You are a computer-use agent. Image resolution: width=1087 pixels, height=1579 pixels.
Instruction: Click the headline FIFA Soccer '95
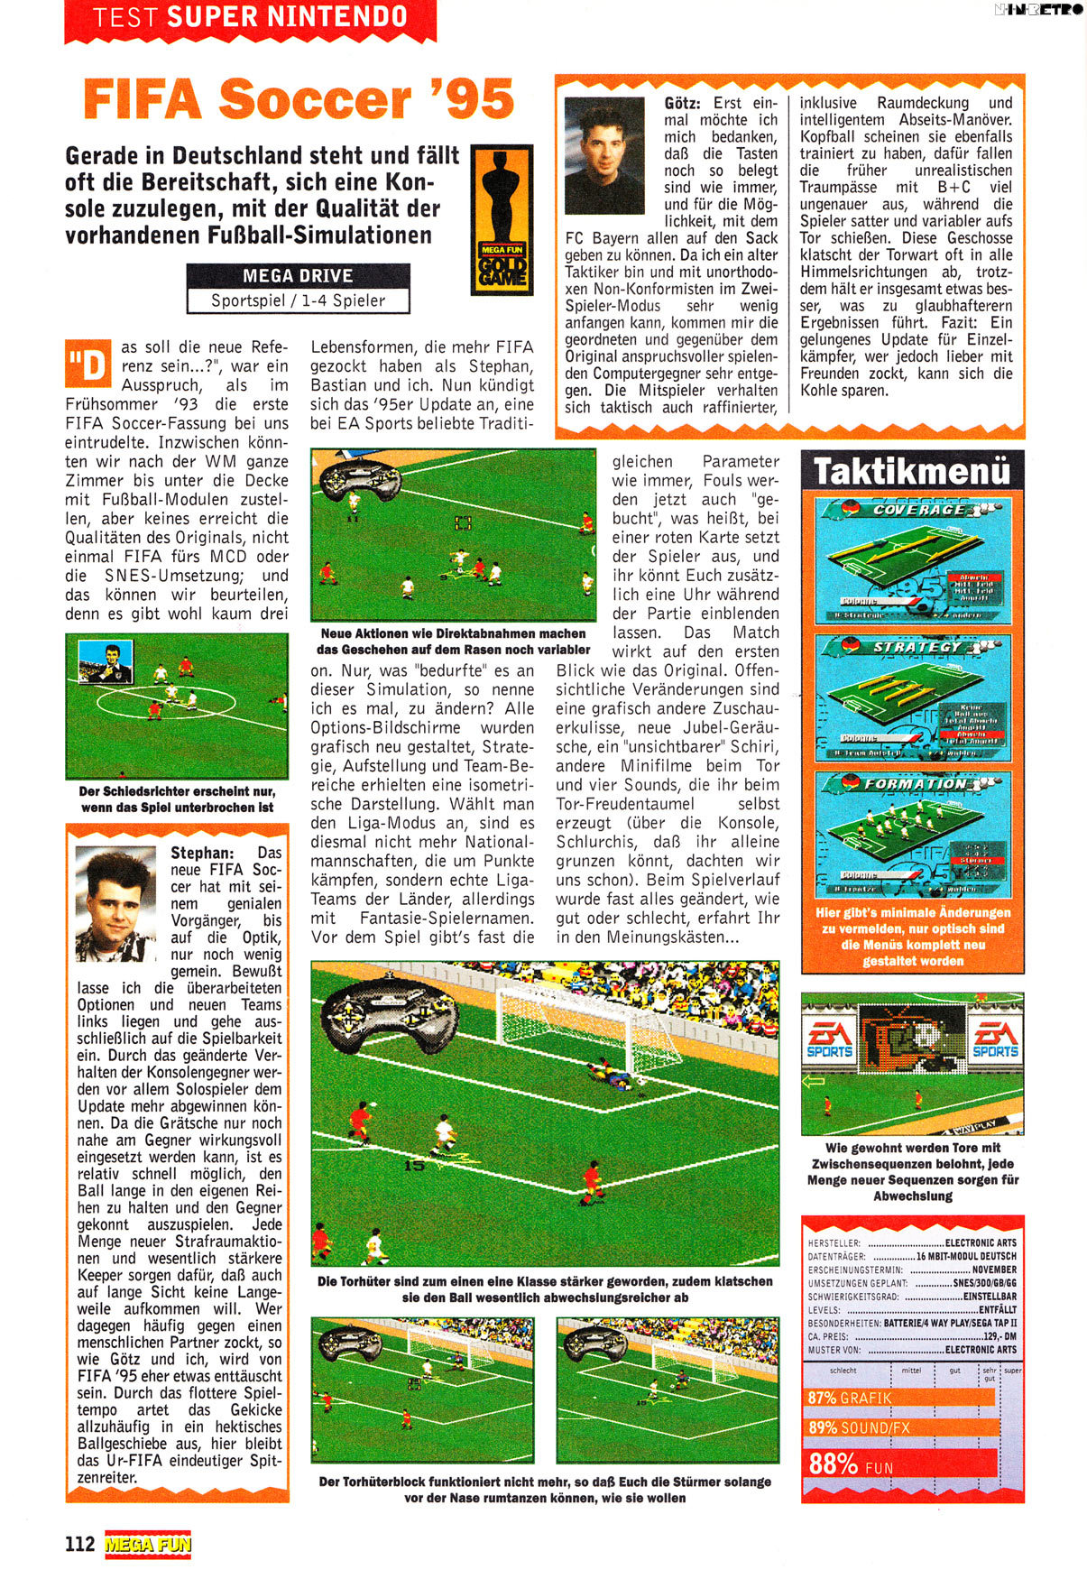pyautogui.click(x=299, y=99)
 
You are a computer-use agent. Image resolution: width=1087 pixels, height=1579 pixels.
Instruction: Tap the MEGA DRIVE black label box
pyautogui.click(x=299, y=276)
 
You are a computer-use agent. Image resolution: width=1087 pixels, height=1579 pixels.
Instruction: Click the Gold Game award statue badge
pyautogui.click(x=502, y=219)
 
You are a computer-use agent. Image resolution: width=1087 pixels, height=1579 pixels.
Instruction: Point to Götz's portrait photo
pyautogui.click(x=603, y=156)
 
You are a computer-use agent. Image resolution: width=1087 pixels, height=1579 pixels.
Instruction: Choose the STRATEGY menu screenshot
pyautogui.click(x=912, y=697)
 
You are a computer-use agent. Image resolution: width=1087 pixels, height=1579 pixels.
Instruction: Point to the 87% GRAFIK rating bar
pyautogui.click(x=899, y=1398)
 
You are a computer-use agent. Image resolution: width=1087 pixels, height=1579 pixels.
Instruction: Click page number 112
pyautogui.click(x=79, y=1544)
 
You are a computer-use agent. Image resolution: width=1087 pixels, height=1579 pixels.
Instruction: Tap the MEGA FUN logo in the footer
pyautogui.click(x=148, y=1545)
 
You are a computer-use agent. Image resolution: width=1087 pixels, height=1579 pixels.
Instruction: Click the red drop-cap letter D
pyautogui.click(x=88, y=364)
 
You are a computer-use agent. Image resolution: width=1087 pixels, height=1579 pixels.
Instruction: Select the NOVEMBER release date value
pyautogui.click(x=993, y=1270)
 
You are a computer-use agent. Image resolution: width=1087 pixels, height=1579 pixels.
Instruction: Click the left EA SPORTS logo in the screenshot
pyautogui.click(x=829, y=1039)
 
